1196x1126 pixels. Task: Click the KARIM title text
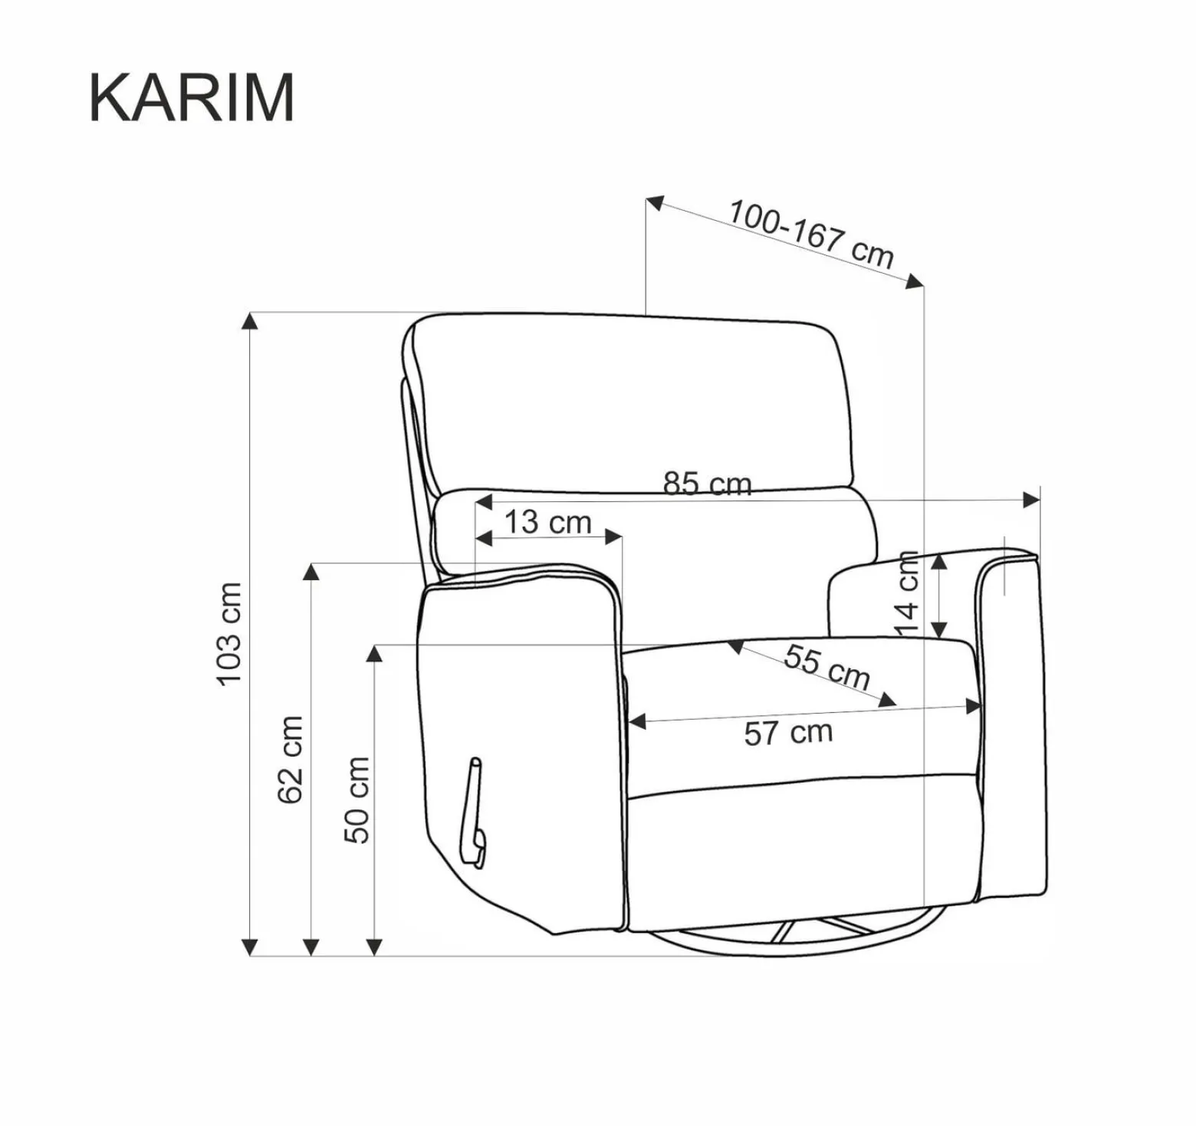click(192, 97)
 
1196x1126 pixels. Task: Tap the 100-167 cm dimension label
click(810, 233)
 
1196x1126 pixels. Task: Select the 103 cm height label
click(230, 634)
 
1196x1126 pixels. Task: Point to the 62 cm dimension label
click(291, 759)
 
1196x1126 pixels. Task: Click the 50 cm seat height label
click(356, 799)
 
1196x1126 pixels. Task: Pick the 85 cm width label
click(707, 483)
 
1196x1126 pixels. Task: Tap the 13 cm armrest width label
click(547, 522)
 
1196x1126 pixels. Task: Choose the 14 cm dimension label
click(907, 593)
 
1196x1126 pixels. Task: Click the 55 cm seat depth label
click(826, 667)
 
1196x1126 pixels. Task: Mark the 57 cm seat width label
click(788, 733)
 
